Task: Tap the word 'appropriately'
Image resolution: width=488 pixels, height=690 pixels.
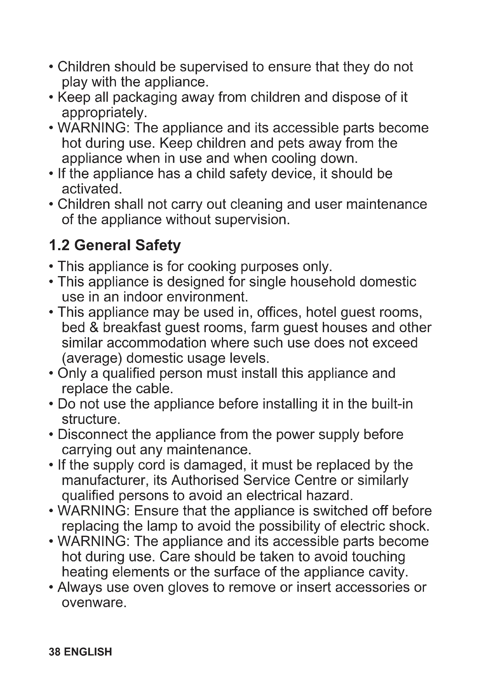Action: pos(103,113)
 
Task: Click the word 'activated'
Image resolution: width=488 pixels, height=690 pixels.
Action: pos(91,189)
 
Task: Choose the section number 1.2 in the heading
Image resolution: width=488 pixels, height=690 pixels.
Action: pos(59,245)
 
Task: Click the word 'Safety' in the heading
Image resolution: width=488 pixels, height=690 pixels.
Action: pos(158,246)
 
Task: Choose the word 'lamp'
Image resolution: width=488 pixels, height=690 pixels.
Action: pos(162,526)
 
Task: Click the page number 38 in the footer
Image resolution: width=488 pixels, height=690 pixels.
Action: pos(55,652)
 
